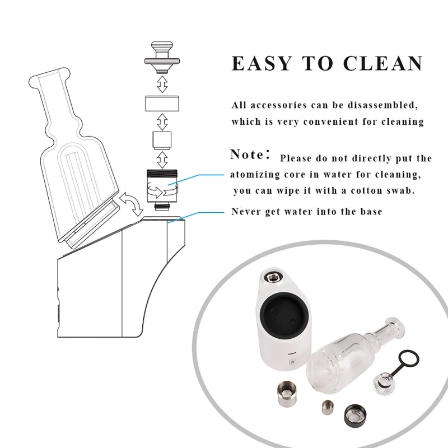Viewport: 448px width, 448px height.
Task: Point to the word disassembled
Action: (387, 105)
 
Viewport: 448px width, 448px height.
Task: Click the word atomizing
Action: (256, 175)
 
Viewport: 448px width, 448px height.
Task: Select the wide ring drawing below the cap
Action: (162, 104)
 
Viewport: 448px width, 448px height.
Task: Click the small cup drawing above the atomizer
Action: (162, 139)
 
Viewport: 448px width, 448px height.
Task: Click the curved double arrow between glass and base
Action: (132, 204)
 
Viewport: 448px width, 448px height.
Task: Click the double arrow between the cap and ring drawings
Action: (162, 85)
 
